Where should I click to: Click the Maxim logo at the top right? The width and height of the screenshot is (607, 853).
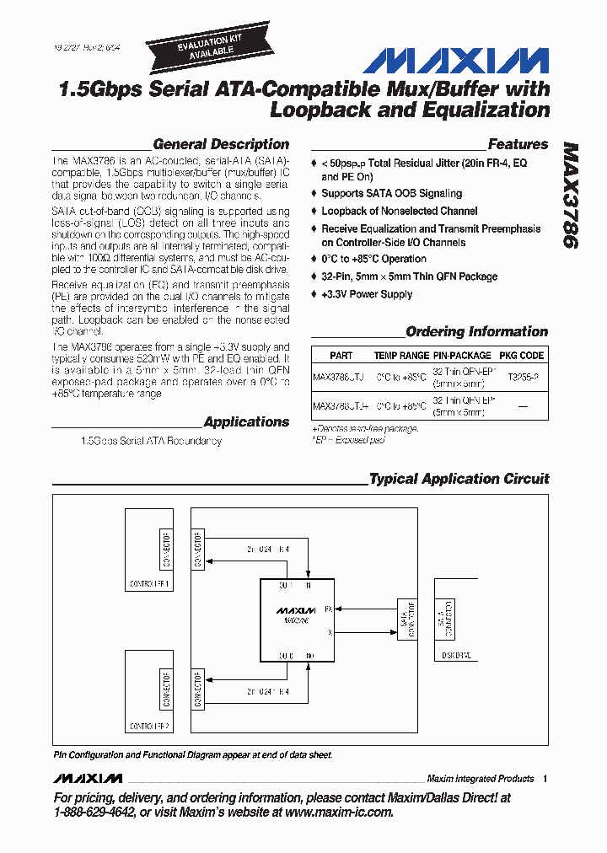click(x=455, y=61)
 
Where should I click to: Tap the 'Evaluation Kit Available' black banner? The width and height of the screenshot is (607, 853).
click(x=201, y=45)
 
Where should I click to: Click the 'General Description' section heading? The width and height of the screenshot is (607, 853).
click(x=221, y=144)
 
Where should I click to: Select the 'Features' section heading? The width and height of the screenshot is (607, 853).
click(x=518, y=144)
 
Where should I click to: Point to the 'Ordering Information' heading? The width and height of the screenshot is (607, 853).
click(x=476, y=331)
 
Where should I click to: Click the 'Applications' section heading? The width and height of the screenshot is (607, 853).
click(x=246, y=421)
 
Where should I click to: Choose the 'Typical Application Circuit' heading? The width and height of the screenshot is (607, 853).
click(x=459, y=479)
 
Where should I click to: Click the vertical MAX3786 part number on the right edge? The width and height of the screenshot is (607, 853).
click(x=571, y=194)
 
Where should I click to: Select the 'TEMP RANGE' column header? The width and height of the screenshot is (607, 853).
click(x=401, y=356)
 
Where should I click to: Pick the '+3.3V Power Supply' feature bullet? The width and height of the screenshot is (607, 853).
click(x=367, y=294)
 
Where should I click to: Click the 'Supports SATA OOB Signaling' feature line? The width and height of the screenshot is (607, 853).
click(x=391, y=193)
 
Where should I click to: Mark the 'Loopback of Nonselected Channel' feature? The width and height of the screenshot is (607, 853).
click(x=399, y=211)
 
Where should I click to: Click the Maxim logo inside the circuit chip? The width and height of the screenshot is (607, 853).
click(x=295, y=609)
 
